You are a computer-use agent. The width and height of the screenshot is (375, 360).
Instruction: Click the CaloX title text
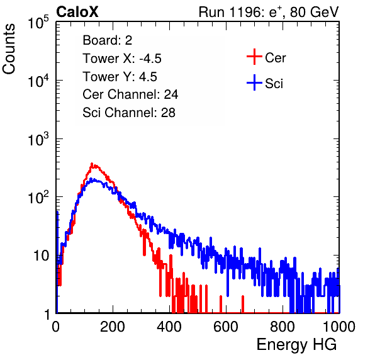coord(77,12)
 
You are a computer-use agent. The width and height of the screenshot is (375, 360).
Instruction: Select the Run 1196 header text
coord(269,12)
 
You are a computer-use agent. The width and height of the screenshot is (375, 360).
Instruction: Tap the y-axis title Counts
coord(9,49)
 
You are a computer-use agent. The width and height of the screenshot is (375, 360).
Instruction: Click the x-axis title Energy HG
coord(296,345)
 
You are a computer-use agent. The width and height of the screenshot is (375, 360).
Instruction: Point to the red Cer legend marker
coord(254,57)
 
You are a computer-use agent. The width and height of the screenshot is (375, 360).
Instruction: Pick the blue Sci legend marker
coord(254,82)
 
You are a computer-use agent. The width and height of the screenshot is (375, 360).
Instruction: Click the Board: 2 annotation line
coord(108,40)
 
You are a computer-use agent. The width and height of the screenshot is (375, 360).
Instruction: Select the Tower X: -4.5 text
coord(122,59)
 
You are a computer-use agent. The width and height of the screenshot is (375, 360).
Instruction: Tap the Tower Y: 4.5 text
coord(120,77)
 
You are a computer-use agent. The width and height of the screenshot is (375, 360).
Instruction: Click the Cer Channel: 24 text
coord(130,94)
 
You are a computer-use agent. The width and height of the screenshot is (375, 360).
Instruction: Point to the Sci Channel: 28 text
coord(129,113)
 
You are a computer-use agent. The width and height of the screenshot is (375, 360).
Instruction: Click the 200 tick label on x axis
coord(113,327)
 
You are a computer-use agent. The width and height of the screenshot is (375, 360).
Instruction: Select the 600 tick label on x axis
coord(226,327)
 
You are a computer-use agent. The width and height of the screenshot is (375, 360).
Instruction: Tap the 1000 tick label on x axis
coord(339,327)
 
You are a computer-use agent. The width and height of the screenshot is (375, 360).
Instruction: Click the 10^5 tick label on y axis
coord(38,23)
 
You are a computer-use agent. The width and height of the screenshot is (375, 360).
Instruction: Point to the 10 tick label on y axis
coord(42,256)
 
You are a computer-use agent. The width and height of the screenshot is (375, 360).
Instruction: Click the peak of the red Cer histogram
coord(92,164)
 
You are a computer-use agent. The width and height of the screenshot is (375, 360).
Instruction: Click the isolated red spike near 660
coord(243,304)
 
